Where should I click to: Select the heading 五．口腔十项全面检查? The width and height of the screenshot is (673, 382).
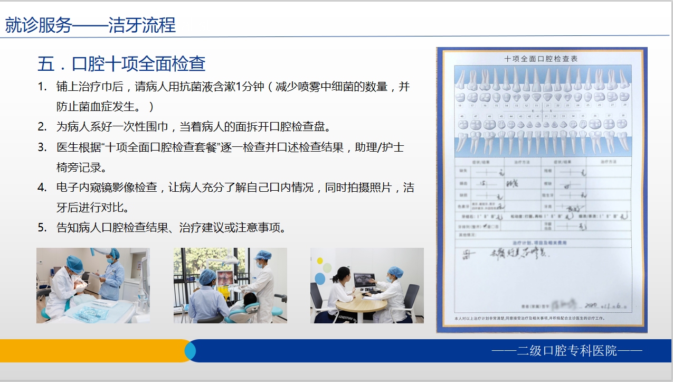tap(121, 64)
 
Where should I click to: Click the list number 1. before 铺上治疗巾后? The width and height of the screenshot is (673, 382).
tap(42, 87)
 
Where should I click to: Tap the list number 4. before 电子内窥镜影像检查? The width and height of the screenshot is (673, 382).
tap(42, 187)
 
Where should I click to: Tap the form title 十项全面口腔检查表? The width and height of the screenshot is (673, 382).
tap(541, 59)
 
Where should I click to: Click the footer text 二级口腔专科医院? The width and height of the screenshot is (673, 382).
tap(567, 350)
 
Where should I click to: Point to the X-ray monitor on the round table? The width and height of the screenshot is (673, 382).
tap(364, 281)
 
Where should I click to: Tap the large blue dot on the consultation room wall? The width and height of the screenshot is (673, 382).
tap(319, 278)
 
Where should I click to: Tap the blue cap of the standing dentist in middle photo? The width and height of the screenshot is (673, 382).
tap(263, 256)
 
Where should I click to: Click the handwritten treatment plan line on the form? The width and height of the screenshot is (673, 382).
tap(507, 255)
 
